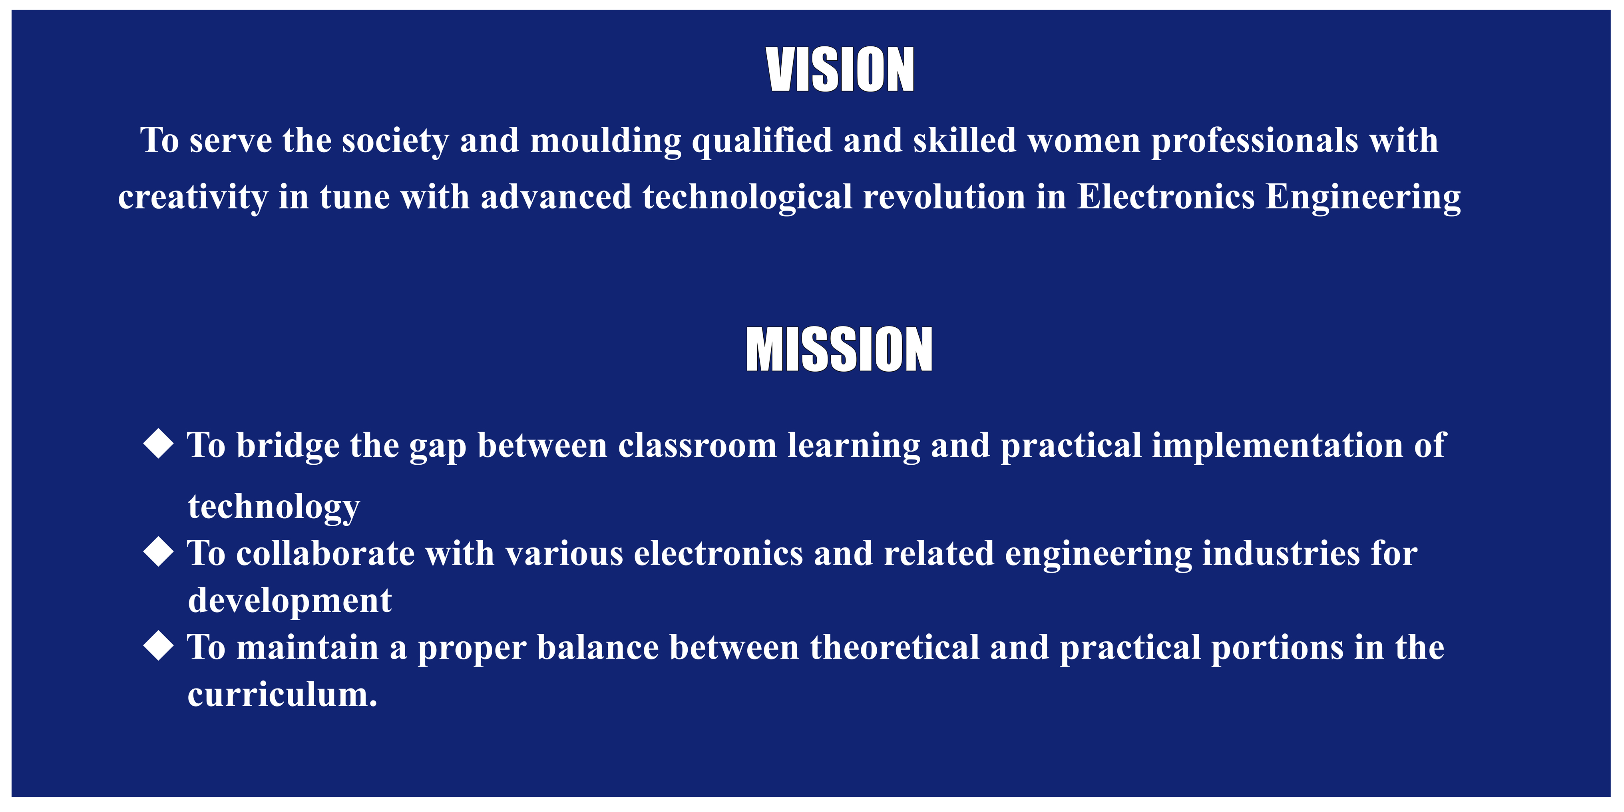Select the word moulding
[606, 141]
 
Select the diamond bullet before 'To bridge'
[158, 444]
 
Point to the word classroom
[697, 446]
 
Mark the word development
[289, 601]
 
